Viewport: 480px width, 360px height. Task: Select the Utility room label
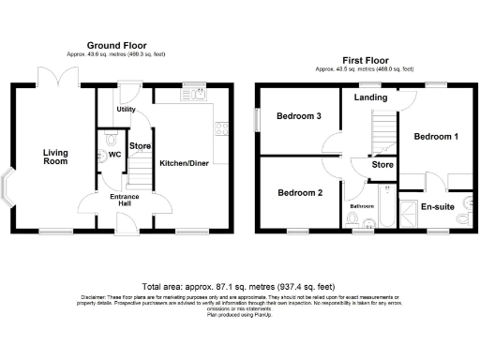(x=126, y=110)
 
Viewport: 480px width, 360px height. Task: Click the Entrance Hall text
(x=124, y=201)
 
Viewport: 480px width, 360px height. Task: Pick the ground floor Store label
(x=141, y=145)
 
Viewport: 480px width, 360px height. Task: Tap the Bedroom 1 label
(x=437, y=137)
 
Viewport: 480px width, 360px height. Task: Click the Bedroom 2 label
(x=300, y=193)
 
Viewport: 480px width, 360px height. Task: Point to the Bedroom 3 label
(x=299, y=116)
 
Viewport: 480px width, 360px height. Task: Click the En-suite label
(x=438, y=206)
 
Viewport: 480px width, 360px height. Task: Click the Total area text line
(x=240, y=285)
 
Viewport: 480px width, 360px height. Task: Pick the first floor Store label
(x=382, y=167)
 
